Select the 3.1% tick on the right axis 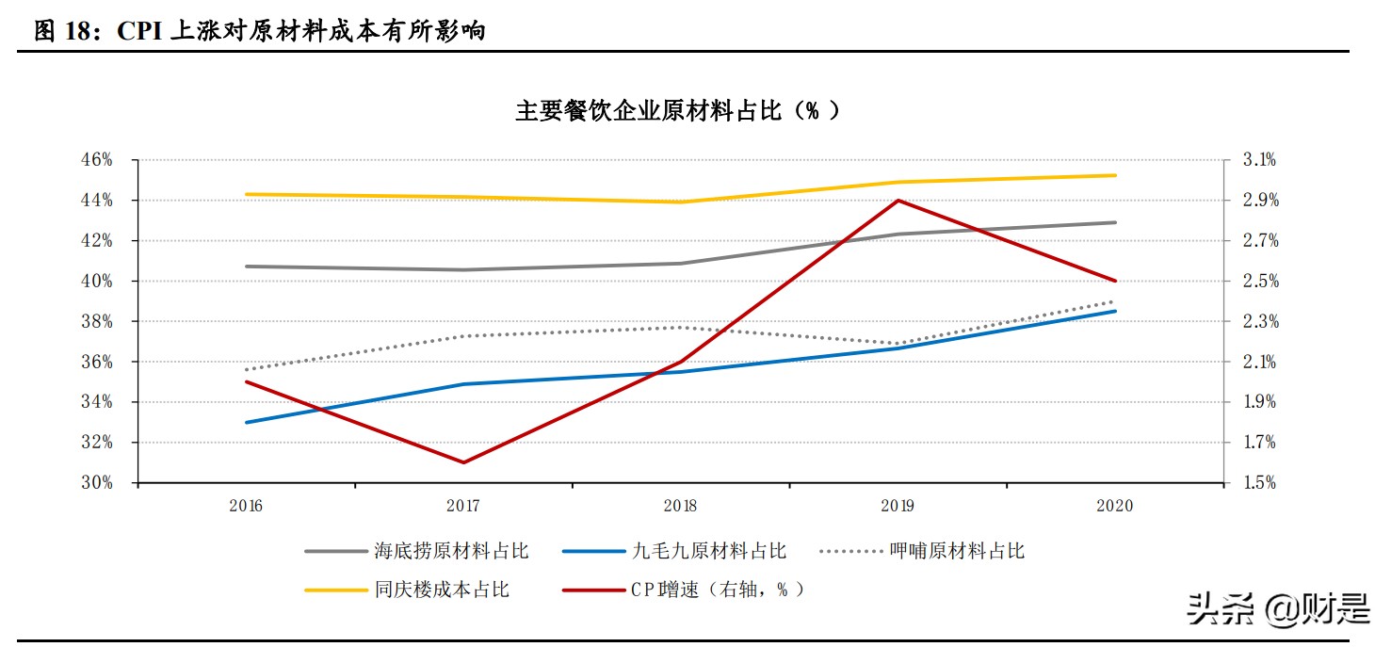(1258, 160)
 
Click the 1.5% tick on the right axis (1258, 483)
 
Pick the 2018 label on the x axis (680, 506)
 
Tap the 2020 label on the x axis (1115, 506)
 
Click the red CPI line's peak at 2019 (898, 201)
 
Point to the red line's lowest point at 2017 (463, 462)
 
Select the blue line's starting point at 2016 (246, 422)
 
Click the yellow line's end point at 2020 (1115, 175)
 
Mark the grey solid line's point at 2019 (898, 234)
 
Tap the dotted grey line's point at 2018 (680, 327)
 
